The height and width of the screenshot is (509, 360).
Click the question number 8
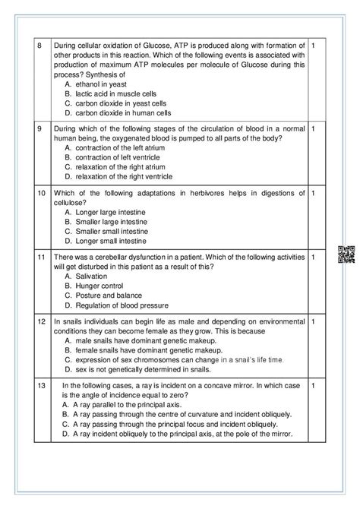click(40, 46)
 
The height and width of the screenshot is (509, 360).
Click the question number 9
click(40, 128)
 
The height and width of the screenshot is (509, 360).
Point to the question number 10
click(42, 192)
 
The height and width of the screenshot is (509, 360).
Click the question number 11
click(42, 257)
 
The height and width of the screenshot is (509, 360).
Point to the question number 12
click(42, 321)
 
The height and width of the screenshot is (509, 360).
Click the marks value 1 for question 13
click(314, 386)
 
